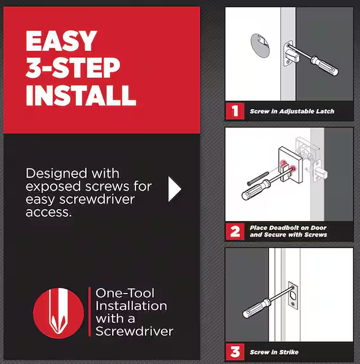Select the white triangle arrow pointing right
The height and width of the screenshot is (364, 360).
[174, 190]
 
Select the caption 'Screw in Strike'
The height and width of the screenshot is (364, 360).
[274, 352]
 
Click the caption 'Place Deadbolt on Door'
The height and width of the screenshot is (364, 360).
[288, 228]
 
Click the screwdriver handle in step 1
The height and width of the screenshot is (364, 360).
[323, 66]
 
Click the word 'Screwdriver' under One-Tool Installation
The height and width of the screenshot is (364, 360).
[134, 332]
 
